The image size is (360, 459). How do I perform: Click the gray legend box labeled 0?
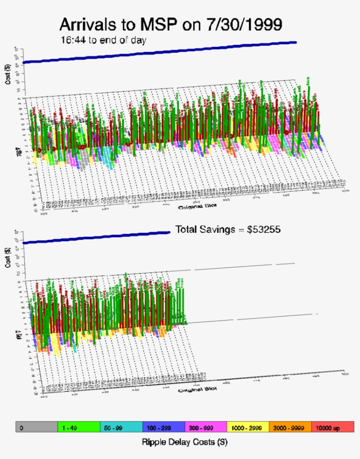[36, 427]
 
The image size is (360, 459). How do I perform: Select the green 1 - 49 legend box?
[79, 427]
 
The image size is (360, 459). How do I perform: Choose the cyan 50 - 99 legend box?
[121, 427]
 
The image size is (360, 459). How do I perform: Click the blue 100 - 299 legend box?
[163, 427]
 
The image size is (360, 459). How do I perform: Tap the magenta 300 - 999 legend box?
[205, 427]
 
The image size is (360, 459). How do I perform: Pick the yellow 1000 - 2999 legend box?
[248, 427]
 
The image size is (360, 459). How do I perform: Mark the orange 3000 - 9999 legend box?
[290, 427]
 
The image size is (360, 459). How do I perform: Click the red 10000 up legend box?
[332, 427]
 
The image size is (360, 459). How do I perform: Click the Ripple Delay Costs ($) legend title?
[184, 442]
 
